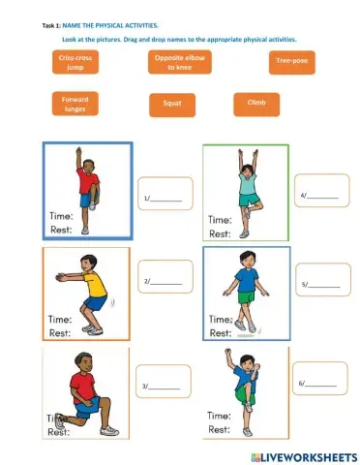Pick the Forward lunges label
coord(75,104)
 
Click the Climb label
coord(256,101)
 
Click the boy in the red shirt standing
coord(86,190)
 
